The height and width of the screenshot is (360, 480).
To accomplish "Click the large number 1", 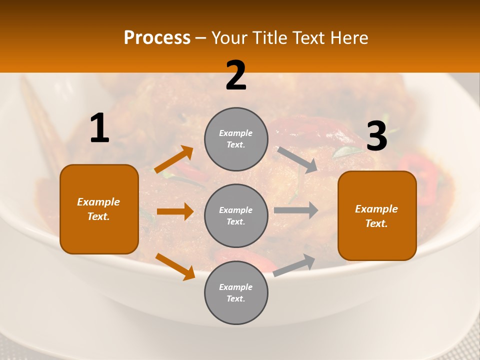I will pos(99,128).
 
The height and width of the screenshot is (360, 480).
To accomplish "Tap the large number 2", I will pos(236,76).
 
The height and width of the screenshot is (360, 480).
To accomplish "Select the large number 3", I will pos(376,137).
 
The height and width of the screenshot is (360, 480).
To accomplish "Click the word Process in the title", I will pos(157,37).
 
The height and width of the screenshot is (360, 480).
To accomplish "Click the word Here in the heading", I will pos(349,37).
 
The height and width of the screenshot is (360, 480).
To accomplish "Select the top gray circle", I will pos(236,139).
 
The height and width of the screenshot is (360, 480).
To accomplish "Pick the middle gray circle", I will pos(236,215).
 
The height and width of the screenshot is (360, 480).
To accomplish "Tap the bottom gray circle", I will pos(236,292).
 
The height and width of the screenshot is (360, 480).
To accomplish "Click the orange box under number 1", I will pos(99,209).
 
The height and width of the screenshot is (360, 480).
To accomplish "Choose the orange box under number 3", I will pos(377,215).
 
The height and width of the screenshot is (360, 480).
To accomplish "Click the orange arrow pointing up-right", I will pos(174,159).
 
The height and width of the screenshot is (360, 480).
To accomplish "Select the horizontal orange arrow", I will pos(175,211).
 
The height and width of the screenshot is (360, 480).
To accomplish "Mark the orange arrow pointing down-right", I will pos(175,266).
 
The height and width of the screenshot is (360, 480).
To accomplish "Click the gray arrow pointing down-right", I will pos(297,160).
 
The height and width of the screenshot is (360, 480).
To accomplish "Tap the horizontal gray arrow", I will pos(296,210).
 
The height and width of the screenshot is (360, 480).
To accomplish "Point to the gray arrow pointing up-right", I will pos(294,265).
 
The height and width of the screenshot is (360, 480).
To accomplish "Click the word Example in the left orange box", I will pos(98,202).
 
